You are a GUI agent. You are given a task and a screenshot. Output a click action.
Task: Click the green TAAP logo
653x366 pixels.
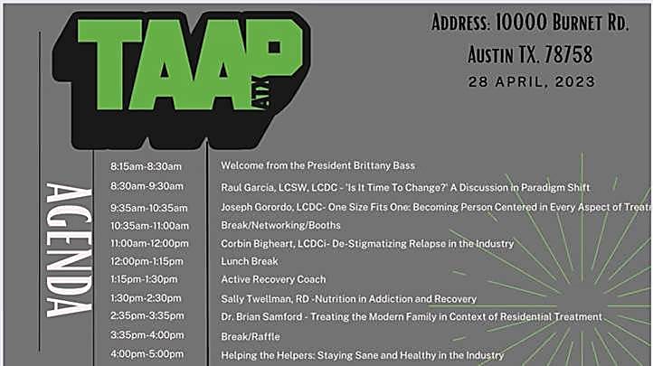(181, 80)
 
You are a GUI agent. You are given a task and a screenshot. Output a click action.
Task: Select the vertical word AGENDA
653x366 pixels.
(69, 250)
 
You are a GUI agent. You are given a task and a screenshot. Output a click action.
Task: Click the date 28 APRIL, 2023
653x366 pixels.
(532, 81)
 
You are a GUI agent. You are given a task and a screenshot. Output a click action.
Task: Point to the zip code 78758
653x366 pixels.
(569, 54)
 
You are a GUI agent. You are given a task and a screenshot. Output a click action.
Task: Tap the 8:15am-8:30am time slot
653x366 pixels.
(146, 166)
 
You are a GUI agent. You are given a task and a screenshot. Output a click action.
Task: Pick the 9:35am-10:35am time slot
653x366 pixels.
(148, 208)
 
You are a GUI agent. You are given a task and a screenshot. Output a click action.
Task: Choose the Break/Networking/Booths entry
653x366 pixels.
(280, 225)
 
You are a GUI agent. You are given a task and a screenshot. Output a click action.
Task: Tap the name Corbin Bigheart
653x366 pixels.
(257, 244)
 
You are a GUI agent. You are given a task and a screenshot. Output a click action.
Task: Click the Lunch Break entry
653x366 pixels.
(250, 261)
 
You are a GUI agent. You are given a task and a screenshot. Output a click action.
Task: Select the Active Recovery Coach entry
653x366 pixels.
(273, 279)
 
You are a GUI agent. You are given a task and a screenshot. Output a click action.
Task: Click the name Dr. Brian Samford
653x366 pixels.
(261, 317)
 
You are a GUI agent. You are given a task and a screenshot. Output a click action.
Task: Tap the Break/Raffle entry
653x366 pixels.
(251, 336)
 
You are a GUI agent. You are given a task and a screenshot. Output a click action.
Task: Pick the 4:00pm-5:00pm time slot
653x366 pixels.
(147, 354)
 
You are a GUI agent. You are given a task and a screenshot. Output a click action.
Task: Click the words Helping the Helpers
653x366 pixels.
(267, 355)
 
